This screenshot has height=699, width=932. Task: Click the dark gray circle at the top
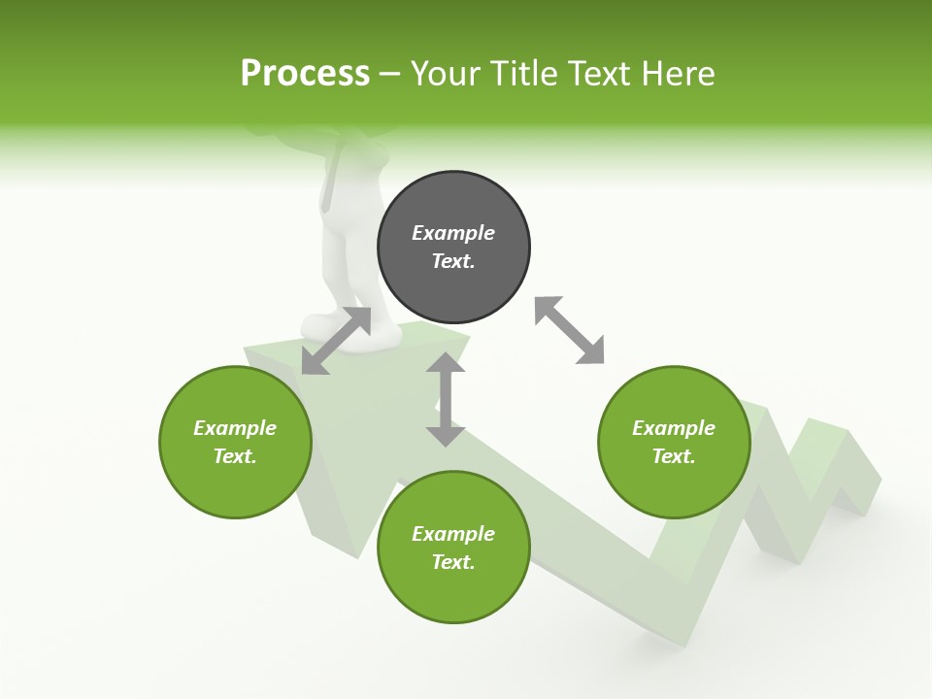click(x=453, y=248)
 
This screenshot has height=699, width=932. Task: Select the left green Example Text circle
click(x=235, y=443)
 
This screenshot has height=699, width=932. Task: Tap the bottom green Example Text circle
click(x=453, y=548)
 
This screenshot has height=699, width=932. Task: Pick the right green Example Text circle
click(x=674, y=443)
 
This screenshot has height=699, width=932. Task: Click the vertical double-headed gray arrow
click(x=446, y=399)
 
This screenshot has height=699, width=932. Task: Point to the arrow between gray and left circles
click(x=336, y=341)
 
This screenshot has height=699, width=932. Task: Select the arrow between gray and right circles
click(x=570, y=330)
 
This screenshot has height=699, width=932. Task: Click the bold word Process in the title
click(x=305, y=73)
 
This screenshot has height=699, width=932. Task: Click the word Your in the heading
click(x=445, y=73)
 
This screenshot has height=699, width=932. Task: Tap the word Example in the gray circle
click(x=453, y=233)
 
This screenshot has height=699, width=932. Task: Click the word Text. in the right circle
click(x=674, y=456)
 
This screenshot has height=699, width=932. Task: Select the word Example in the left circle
click(x=235, y=428)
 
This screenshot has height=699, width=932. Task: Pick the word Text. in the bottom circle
click(x=453, y=562)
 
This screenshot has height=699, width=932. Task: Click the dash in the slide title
click(x=389, y=74)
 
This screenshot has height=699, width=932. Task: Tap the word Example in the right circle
click(x=674, y=428)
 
